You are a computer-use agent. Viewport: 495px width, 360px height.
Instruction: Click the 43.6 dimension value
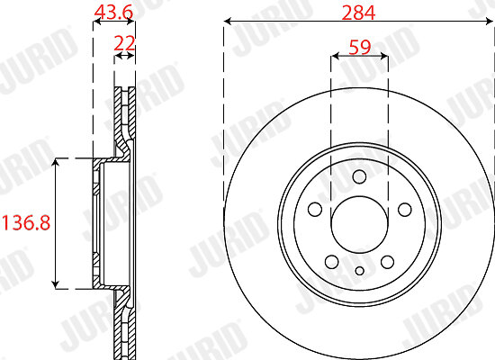click(114, 12)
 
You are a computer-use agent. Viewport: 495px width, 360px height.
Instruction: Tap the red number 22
click(124, 43)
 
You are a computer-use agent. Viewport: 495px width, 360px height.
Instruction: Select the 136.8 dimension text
click(26, 222)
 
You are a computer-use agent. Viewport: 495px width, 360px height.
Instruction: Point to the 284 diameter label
click(358, 13)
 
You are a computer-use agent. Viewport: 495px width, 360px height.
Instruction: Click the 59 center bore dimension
click(360, 47)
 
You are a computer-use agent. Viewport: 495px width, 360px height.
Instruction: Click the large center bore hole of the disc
click(360, 224)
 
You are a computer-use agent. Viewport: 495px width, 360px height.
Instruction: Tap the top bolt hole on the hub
click(360, 176)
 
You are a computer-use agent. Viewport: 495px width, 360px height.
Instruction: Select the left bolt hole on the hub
click(315, 210)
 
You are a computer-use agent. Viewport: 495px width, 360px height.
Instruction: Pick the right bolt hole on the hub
click(405, 210)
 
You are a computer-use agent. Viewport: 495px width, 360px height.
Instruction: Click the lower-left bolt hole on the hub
click(332, 262)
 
